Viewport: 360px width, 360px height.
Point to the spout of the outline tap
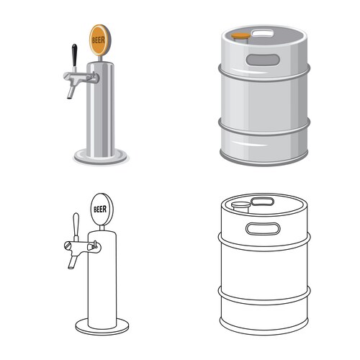click(72, 261)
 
